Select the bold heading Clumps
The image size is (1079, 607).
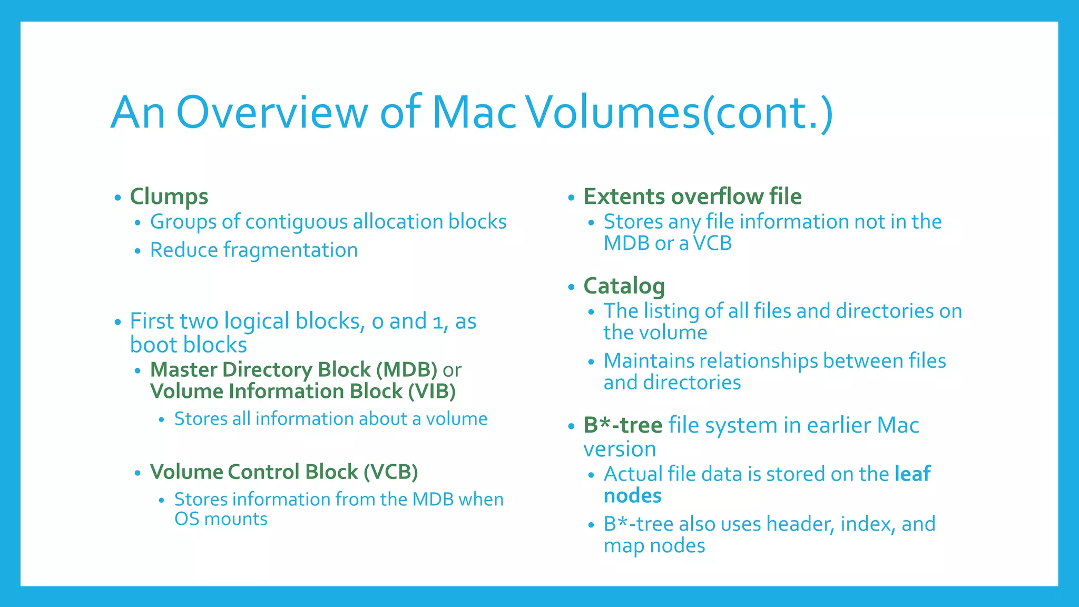[x=169, y=197]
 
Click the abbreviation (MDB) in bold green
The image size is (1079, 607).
[x=407, y=370]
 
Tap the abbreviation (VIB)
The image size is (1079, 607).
[x=431, y=391]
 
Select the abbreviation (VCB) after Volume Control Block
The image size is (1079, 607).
[x=390, y=472]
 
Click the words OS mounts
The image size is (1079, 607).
[x=221, y=519]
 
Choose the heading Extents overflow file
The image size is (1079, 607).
[x=692, y=197]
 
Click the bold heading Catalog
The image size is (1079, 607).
[x=624, y=286]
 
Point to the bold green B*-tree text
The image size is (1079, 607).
[x=622, y=425]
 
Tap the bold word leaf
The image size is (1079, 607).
[x=913, y=474]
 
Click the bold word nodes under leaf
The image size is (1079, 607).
[x=632, y=496]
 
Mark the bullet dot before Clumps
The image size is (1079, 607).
[x=117, y=198]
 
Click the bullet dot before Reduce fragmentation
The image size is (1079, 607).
[x=138, y=251]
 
